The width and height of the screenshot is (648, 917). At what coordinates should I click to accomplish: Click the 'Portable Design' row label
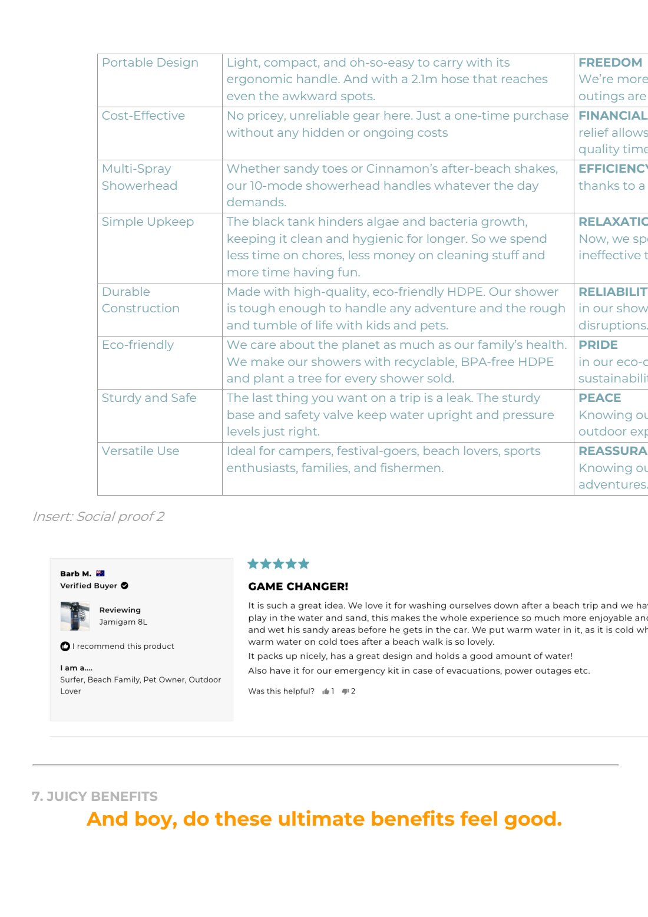(x=150, y=62)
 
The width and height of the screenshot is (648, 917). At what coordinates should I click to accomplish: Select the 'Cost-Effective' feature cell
(x=143, y=116)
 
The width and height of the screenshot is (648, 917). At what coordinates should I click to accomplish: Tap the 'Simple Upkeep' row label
(x=147, y=222)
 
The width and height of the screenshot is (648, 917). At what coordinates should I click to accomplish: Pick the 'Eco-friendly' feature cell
(x=137, y=345)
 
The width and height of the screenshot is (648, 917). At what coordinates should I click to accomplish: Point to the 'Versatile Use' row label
(x=140, y=451)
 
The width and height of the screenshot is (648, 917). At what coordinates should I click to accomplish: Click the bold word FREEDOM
(x=610, y=62)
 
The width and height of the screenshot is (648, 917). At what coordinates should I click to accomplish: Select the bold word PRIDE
(x=598, y=345)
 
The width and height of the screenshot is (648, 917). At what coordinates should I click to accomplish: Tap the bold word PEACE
(x=599, y=398)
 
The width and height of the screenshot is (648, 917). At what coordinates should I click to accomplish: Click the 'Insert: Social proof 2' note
(x=98, y=516)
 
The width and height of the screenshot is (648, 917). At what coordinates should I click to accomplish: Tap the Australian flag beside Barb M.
(x=100, y=573)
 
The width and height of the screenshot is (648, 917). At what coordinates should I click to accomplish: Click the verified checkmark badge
(x=124, y=586)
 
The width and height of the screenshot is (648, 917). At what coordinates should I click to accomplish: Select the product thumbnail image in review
(x=75, y=616)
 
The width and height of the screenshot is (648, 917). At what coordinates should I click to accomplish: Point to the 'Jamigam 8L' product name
(x=123, y=622)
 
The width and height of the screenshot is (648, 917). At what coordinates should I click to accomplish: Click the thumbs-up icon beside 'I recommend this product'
(x=65, y=646)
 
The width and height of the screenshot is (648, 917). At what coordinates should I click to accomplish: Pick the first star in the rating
(x=253, y=564)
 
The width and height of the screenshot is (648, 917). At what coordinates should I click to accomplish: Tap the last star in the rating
(x=304, y=564)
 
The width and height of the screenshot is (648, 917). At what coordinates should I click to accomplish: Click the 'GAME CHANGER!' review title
(x=298, y=586)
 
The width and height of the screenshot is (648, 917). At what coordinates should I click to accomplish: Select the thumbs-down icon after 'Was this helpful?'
(x=345, y=691)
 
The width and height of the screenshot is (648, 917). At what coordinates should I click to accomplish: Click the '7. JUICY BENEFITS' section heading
(x=95, y=796)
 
